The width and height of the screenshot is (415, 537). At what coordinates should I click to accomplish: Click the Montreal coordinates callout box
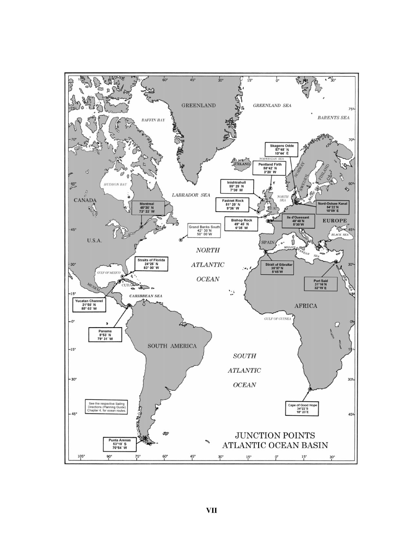[147, 207]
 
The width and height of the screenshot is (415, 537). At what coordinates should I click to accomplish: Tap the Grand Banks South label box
[204, 230]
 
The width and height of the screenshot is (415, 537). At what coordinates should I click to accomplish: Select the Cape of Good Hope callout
[302, 409]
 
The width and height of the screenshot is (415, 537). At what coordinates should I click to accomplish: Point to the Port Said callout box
[320, 284]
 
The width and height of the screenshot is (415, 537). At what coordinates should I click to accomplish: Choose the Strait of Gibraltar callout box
[279, 268]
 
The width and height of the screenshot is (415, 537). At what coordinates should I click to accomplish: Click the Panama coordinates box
[105, 335]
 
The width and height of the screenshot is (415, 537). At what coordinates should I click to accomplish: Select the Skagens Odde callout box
[282, 150]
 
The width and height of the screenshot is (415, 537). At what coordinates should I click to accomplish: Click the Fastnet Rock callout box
[233, 205]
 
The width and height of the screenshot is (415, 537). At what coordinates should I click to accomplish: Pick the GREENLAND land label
[198, 105]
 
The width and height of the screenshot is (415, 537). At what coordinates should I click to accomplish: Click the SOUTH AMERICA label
[172, 346]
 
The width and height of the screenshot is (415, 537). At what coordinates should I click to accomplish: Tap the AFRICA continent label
[305, 306]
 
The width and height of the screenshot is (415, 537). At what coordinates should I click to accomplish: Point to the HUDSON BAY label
[115, 184]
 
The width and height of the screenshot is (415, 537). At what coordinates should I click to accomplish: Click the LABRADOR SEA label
[191, 195]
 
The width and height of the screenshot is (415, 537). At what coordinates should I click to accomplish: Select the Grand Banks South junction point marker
[181, 240]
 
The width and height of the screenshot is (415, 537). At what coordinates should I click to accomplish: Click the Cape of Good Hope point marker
[310, 389]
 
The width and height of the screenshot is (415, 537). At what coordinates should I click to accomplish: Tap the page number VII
[211, 510]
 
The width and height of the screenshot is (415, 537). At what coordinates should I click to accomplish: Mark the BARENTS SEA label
[333, 118]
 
